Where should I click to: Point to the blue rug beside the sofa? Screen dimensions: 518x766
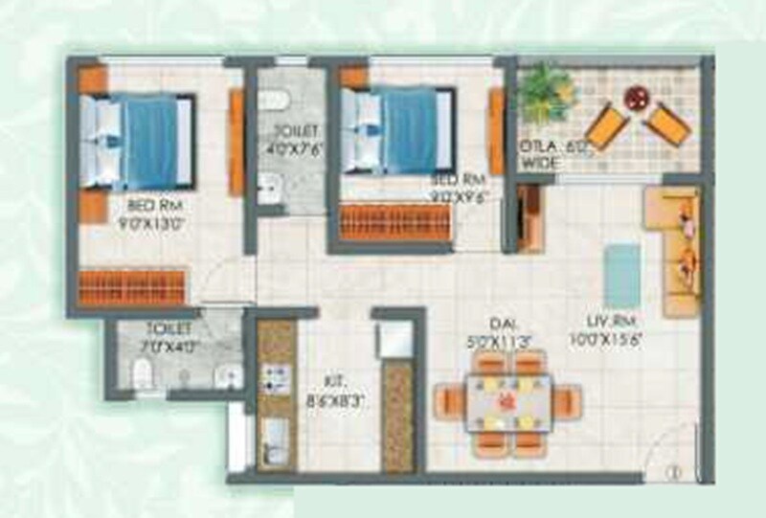(623, 274)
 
